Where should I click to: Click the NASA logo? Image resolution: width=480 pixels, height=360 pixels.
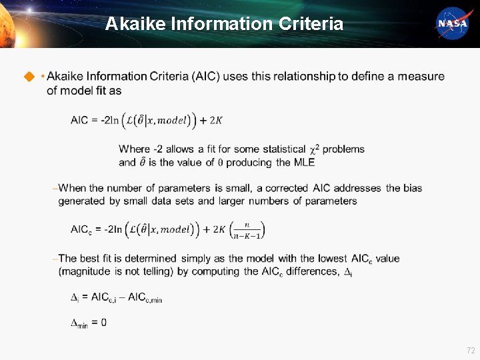click(x=452, y=23)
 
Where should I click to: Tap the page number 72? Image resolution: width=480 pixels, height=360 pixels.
click(x=471, y=350)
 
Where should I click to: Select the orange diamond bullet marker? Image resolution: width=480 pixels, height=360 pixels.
click(x=29, y=77)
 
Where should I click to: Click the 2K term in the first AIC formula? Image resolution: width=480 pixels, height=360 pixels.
click(x=216, y=121)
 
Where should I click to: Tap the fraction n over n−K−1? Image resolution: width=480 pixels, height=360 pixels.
click(x=247, y=230)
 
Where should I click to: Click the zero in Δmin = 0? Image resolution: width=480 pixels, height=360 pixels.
click(x=103, y=323)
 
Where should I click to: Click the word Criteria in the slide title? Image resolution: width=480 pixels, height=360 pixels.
click(x=311, y=25)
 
